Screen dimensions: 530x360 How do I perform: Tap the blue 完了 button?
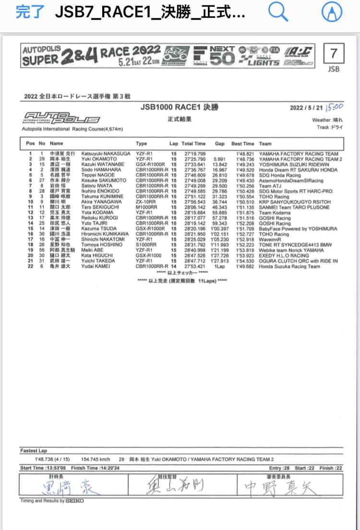coord(30,12)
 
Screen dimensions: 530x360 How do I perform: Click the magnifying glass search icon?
coord(277,12)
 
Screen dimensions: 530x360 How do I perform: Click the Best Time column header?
coord(243,144)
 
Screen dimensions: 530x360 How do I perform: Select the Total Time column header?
coord(193,144)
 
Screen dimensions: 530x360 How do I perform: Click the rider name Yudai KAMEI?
coord(97,266)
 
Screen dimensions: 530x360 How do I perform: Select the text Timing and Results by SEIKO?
coord(51,501)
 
